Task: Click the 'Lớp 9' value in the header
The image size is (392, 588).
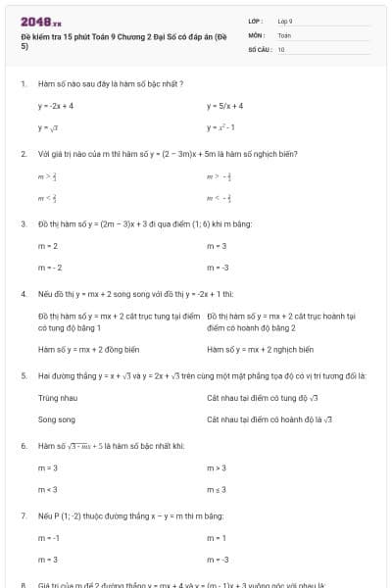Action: (285, 21)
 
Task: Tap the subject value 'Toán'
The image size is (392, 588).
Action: (284, 34)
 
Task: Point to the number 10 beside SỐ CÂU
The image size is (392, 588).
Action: (281, 48)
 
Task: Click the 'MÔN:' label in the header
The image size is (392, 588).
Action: (256, 34)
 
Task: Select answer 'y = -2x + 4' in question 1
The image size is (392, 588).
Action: (56, 106)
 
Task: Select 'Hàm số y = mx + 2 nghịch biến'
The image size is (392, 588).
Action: (260, 349)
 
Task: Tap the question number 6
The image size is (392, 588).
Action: (23, 446)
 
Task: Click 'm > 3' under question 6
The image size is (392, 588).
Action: (217, 468)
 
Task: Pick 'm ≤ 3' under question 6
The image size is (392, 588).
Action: (217, 490)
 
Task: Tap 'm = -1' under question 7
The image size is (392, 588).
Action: (49, 538)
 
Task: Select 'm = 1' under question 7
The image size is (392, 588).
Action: (217, 538)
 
